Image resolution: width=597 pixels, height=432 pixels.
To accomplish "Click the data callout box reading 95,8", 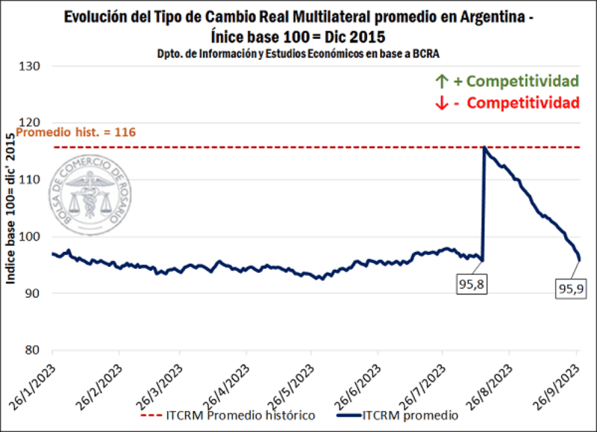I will pyautogui.click(x=470, y=283).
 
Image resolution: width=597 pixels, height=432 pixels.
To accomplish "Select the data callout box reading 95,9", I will pyautogui.click(x=569, y=287).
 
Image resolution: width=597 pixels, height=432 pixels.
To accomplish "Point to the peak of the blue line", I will pyautogui.click(x=485, y=147).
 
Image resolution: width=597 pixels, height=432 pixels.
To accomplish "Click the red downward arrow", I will pyautogui.click(x=440, y=102).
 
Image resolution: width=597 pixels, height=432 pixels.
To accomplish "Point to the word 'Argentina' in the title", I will pyautogui.click(x=484, y=16).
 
